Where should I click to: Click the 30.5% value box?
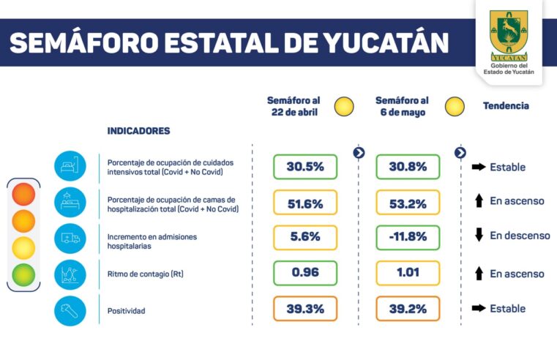[305, 167]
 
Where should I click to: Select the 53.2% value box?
[408, 203]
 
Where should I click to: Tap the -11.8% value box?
[408, 238]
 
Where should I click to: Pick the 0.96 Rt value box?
[305, 273]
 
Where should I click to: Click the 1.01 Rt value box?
[408, 273]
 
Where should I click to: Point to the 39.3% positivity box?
[305, 309]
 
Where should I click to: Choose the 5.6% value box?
[305, 238]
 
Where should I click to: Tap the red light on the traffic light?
[23, 195]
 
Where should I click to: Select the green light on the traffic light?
[23, 274]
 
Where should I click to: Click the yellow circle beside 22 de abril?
[344, 107]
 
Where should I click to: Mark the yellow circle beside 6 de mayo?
[455, 107]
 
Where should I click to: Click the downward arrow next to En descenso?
[479, 236]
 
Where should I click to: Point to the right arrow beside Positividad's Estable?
[479, 309]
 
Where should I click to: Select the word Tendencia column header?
[505, 106]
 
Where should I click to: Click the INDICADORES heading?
[138, 131]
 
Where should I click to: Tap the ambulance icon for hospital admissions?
[70, 238]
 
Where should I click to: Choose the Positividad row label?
[126, 311]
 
